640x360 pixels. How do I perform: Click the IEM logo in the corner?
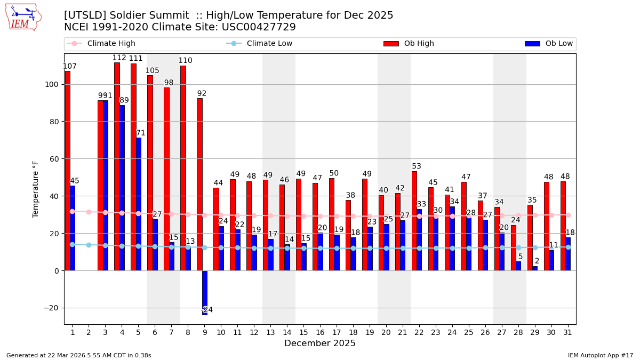(23, 17)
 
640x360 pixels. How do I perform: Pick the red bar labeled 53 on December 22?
(414, 221)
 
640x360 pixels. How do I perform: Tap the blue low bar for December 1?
(73, 228)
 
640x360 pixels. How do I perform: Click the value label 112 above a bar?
(119, 58)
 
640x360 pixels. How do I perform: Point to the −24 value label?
(207, 310)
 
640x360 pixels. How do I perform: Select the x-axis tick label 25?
(469, 333)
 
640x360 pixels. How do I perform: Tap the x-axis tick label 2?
(89, 333)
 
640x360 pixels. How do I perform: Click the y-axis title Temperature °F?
(36, 189)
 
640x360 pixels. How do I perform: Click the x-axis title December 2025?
(320, 343)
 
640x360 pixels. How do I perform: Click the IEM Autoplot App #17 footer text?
(601, 355)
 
